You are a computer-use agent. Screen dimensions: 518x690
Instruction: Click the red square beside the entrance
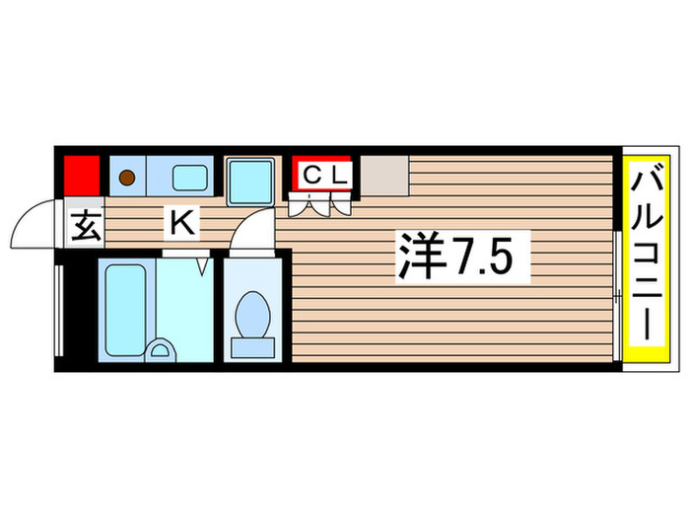tap(82, 176)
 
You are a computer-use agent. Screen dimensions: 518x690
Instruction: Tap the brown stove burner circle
tap(127, 178)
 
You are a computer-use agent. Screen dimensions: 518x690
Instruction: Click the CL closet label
tap(324, 175)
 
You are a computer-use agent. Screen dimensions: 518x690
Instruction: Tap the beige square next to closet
tap(382, 176)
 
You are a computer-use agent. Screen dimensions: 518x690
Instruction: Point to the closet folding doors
tap(321, 204)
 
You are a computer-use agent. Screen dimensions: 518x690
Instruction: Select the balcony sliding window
tap(616, 266)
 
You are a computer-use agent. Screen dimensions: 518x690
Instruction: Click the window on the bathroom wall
tap(59, 311)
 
